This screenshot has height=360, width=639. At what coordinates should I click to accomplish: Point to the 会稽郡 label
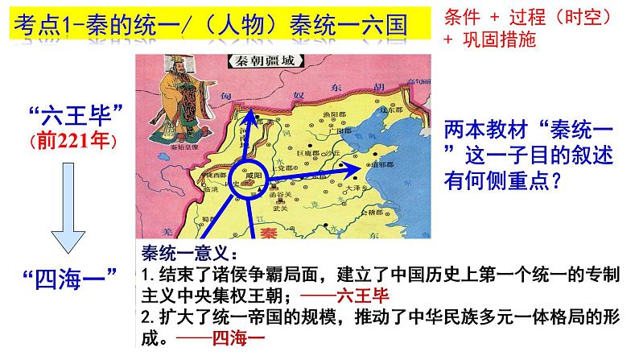369,215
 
